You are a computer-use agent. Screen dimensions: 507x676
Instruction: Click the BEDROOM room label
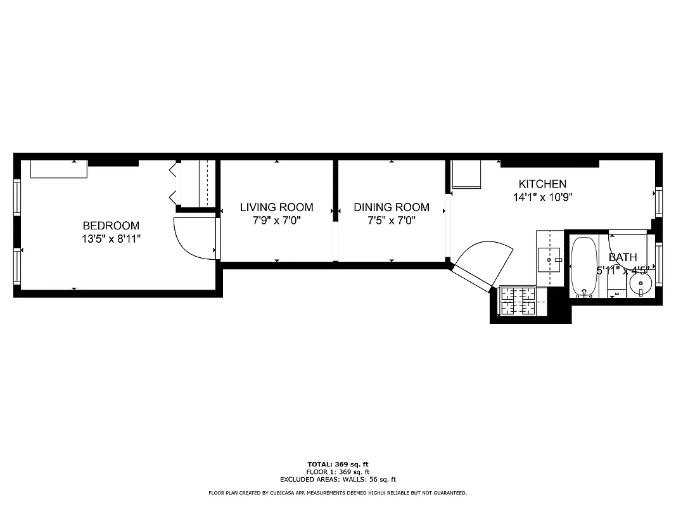pyautogui.click(x=111, y=226)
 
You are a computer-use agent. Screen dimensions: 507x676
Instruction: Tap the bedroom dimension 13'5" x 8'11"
pyautogui.click(x=111, y=239)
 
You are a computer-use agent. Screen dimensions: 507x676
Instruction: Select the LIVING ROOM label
pyautogui.click(x=276, y=207)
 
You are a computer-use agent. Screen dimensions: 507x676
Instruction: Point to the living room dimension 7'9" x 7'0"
pyautogui.click(x=276, y=221)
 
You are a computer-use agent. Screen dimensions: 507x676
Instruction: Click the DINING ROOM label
pyautogui.click(x=391, y=207)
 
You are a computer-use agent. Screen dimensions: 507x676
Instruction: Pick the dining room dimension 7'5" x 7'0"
pyautogui.click(x=391, y=221)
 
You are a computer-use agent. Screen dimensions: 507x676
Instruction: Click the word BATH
pyautogui.click(x=623, y=257)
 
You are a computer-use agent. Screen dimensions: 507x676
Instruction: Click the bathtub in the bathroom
pyautogui.click(x=584, y=266)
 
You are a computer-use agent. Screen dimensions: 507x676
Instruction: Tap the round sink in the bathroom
pyautogui.click(x=641, y=284)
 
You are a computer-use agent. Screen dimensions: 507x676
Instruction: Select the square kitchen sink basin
pyautogui.click(x=549, y=259)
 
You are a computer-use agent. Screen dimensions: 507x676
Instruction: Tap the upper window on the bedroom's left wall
pyautogui.click(x=17, y=197)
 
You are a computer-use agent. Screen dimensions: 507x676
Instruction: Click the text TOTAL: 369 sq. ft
pyautogui.click(x=338, y=465)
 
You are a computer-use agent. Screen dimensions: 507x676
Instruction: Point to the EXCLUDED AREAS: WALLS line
pyautogui.click(x=338, y=480)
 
